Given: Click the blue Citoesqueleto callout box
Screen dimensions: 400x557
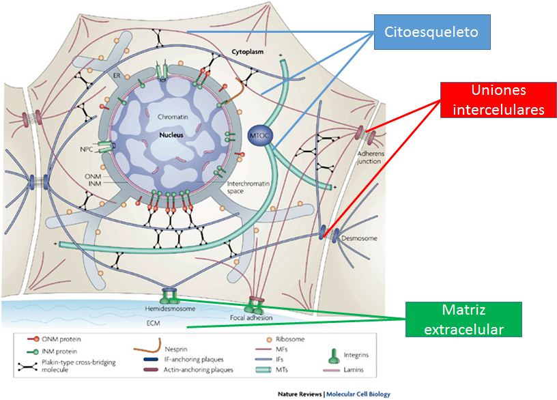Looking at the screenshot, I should click(x=432, y=32).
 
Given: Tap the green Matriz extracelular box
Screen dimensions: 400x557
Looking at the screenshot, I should click(x=463, y=319).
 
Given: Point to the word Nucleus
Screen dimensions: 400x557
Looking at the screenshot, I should click(x=173, y=135).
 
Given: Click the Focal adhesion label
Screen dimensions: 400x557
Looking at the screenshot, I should click(x=251, y=318).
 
